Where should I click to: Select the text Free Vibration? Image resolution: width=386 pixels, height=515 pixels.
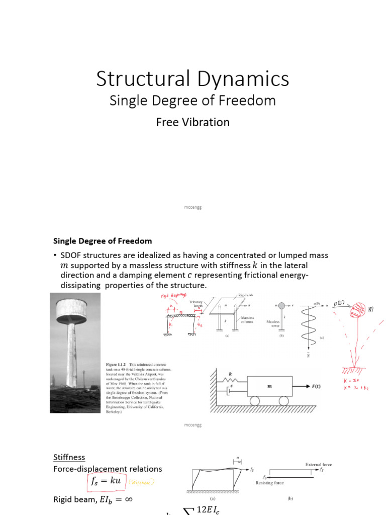pos(192,122)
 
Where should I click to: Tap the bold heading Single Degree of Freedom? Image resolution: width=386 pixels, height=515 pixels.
pos(103,241)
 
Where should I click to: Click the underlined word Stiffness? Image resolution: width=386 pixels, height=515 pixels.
pos(69,457)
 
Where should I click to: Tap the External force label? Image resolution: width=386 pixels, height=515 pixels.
pos(318,464)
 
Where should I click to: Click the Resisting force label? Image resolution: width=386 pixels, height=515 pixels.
pos(270,483)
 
